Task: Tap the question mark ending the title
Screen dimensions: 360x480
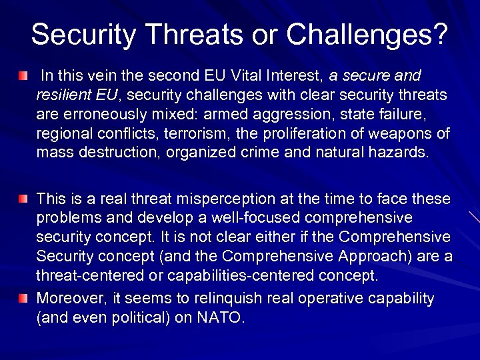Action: click(439, 34)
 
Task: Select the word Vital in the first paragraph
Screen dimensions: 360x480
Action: click(261, 76)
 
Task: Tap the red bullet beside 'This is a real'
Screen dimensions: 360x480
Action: click(23, 199)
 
